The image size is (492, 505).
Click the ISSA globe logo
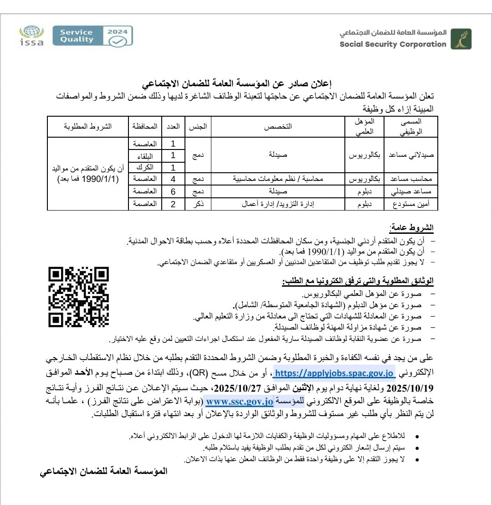coord(32,36)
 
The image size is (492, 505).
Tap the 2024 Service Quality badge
coord(92,36)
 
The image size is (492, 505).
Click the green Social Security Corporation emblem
coord(461,39)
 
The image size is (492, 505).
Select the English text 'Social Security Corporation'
coord(393,44)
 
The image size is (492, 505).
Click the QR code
coord(79,297)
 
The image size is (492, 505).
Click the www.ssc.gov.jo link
coord(239,402)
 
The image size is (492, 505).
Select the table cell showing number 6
coord(173,191)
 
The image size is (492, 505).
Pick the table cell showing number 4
coord(173,179)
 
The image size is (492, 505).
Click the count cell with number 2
coord(173,204)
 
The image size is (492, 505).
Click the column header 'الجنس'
coord(198,126)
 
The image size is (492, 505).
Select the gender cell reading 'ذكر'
coord(198,204)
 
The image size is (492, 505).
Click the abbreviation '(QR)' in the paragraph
coord(199,374)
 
